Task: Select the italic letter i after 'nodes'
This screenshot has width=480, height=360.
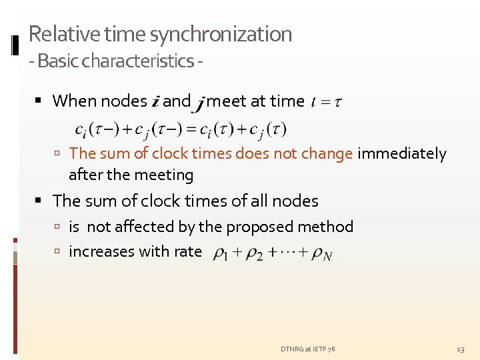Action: point(155,102)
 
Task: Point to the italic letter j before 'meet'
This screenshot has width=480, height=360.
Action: point(199,103)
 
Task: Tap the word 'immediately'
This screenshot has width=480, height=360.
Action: point(402,154)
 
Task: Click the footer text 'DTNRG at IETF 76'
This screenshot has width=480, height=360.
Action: point(308,349)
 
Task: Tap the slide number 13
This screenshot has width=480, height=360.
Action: point(460,349)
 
